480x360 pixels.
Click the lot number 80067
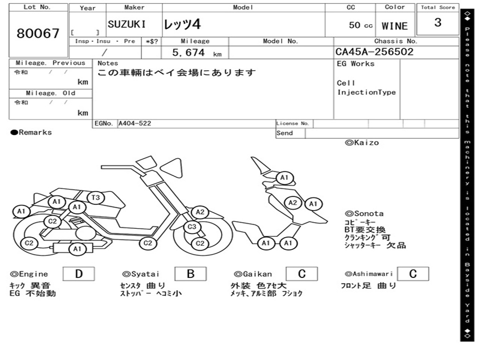38,34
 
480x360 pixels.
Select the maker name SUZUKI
127,24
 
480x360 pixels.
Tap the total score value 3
437,22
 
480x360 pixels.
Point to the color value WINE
395,26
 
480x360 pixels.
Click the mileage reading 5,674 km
196,53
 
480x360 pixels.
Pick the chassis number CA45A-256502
375,52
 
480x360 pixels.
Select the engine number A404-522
135,124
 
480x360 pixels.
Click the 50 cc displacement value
360,25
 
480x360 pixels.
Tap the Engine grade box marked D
78,274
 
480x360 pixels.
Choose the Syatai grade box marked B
190,274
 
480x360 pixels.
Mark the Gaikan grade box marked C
301,274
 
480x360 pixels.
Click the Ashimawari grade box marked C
412,274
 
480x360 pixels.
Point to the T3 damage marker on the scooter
96,198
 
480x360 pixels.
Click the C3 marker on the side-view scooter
191,227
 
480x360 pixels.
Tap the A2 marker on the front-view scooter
293,202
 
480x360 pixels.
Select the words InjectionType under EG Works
367,92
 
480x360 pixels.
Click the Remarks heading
31,133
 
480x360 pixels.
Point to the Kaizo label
362,142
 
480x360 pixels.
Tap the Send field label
285,133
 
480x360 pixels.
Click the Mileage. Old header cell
50,93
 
